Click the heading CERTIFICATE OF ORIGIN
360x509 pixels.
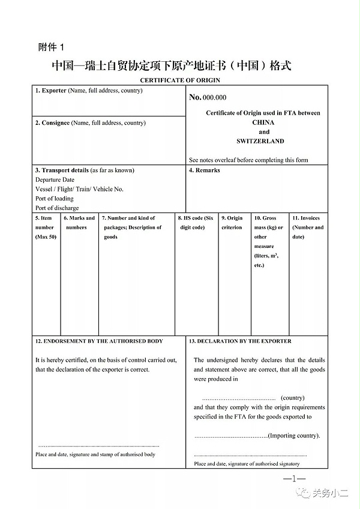(x=180, y=80)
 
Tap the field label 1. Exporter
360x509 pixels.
(x=50, y=91)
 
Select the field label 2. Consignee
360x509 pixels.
(x=52, y=123)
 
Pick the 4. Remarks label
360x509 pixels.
(x=205, y=170)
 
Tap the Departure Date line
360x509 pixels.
(x=55, y=179)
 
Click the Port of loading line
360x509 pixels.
(x=55, y=199)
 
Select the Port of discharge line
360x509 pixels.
(x=57, y=208)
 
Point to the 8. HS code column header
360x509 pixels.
(x=196, y=223)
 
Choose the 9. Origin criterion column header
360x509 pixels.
(x=232, y=223)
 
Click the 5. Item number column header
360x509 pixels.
(x=44, y=227)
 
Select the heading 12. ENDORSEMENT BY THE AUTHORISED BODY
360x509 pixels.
(x=99, y=341)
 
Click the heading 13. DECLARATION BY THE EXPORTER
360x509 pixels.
(x=240, y=341)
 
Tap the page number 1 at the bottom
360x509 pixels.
(x=294, y=478)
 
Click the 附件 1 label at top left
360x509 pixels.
(x=55, y=47)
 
